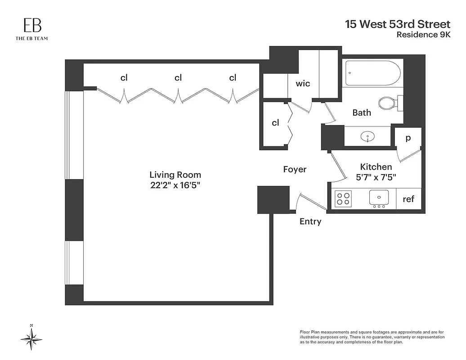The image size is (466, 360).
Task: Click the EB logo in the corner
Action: (31, 28)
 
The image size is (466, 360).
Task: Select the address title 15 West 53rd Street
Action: (397, 24)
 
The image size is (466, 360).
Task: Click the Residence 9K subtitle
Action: (423, 35)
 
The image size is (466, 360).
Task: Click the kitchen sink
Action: (379, 197)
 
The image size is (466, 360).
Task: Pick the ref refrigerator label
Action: (408, 199)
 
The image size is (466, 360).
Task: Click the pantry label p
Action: (408, 138)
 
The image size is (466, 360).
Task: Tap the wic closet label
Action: (303, 83)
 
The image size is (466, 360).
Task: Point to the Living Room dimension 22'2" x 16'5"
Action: (175, 185)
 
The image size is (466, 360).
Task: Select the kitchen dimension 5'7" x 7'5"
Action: (376, 177)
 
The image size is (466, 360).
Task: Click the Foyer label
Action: (295, 169)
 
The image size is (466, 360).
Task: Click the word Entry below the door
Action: (310, 221)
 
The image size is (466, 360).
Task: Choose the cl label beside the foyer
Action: (275, 122)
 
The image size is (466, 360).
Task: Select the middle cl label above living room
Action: (178, 78)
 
